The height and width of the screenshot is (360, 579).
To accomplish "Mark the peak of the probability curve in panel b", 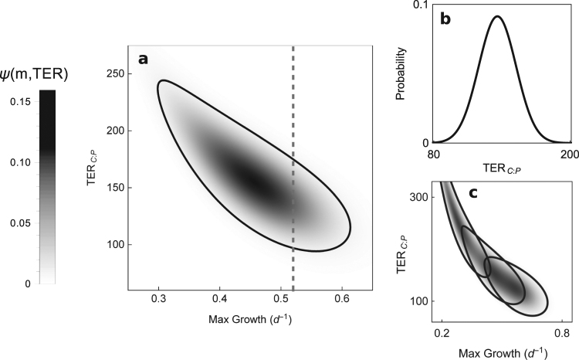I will pos(498,16).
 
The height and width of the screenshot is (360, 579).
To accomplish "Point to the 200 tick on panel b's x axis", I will pos(570,153).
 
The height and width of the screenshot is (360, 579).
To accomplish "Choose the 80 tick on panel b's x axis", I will pos(433,153).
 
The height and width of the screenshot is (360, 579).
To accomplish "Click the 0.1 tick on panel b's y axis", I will pos(420,6).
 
